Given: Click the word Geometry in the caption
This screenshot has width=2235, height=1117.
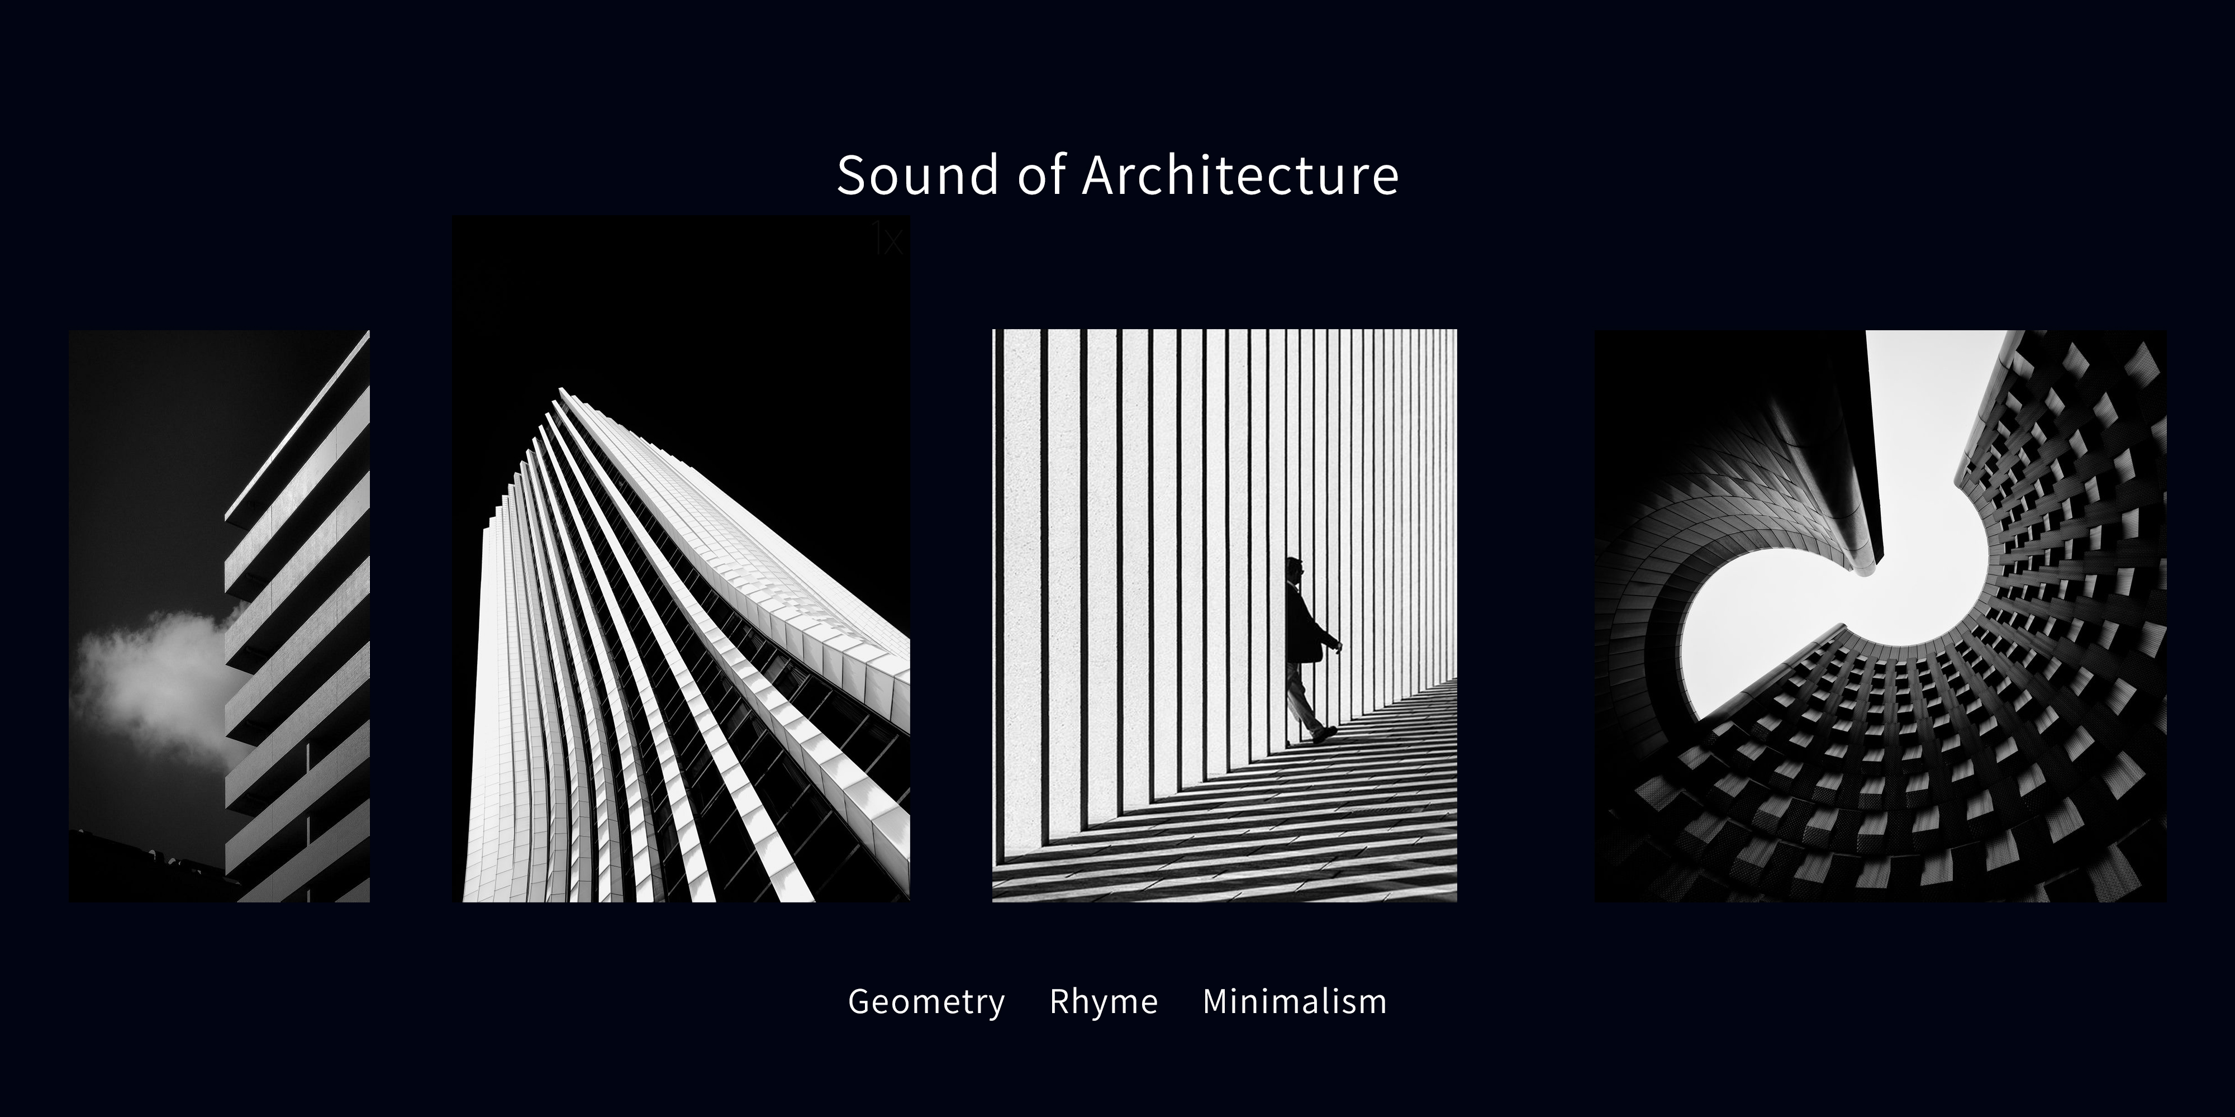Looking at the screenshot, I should tap(926, 1001).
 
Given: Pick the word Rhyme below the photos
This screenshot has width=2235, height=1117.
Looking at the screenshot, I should tap(1104, 1001).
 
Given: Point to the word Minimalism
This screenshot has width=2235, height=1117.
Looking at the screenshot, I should tap(1295, 1001).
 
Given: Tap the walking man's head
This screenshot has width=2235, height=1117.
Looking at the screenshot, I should tap(1295, 568).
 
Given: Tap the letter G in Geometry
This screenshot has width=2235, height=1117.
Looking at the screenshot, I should tap(860, 1001).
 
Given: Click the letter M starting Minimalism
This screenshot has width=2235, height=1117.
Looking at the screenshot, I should tap(1216, 1001).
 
